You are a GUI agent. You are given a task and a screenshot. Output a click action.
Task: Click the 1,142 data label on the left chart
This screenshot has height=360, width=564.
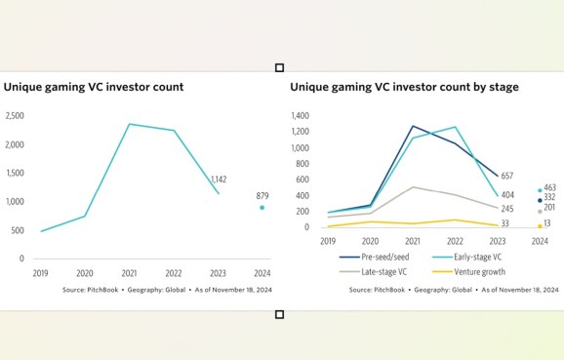coord(219,180)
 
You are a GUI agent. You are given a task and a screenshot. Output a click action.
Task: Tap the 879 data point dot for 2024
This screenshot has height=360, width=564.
coord(262,207)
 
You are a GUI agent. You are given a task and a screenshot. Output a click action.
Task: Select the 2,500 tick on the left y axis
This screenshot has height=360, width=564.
coord(15,116)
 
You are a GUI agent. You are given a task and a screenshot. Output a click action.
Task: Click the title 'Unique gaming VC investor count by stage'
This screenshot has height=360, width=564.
coord(404,87)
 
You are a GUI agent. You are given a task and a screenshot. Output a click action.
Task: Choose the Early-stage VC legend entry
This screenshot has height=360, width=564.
coord(468,258)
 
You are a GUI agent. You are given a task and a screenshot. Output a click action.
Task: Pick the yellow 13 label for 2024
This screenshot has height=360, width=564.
coord(548,224)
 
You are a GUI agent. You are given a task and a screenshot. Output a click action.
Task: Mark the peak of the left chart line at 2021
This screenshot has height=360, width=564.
coord(129,124)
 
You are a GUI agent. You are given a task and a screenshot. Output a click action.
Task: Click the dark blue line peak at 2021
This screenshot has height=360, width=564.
coord(413,126)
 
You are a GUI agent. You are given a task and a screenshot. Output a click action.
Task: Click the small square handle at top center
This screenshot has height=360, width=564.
coord(280,67)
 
